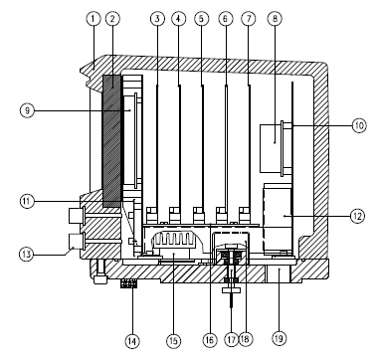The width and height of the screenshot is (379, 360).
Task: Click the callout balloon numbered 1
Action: tap(94, 19)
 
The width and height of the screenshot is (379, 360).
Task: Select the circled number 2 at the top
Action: tap(112, 19)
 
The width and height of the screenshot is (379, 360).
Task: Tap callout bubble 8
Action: tap(275, 19)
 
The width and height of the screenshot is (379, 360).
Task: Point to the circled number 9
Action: tap(27, 110)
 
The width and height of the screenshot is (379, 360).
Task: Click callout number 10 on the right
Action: tap(359, 125)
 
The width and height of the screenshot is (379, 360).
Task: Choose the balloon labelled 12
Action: tap(358, 216)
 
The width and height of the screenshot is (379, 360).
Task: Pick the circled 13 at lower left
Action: tap(26, 255)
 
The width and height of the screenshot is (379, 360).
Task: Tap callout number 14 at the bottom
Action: tap(132, 340)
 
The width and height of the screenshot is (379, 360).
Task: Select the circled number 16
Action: tap(209, 340)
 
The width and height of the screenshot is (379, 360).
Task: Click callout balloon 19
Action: tap(279, 338)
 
